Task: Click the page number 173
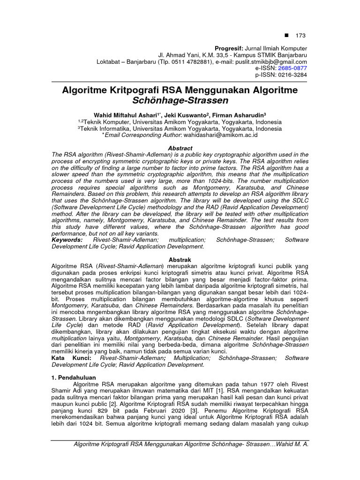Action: (300, 35)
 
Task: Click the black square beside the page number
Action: (287, 35)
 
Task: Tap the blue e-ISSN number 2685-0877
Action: (292, 68)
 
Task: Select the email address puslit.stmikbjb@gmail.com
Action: (270, 61)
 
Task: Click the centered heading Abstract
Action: (180, 148)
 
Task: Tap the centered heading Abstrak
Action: (180, 259)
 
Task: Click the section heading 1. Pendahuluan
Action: (74, 377)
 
